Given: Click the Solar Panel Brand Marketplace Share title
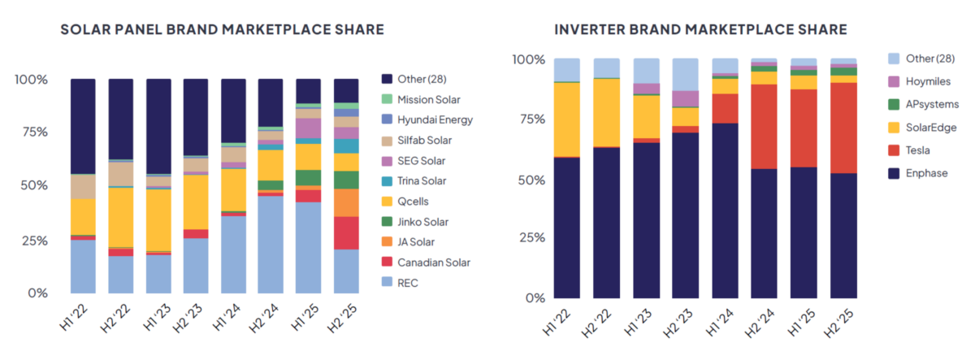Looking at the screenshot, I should (x=222, y=30).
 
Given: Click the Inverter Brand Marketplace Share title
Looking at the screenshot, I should (x=700, y=30).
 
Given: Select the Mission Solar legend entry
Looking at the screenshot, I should (x=428, y=99).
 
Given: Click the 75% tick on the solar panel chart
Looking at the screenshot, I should (x=31, y=133).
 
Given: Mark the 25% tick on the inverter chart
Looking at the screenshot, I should (x=528, y=238).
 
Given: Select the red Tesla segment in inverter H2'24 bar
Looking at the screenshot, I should (x=764, y=126).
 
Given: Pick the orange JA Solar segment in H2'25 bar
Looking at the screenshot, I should (x=346, y=202).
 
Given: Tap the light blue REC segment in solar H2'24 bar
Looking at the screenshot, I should (x=271, y=244).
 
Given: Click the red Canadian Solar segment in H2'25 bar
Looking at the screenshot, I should (x=346, y=232).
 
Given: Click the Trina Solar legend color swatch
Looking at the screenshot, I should (x=388, y=180).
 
